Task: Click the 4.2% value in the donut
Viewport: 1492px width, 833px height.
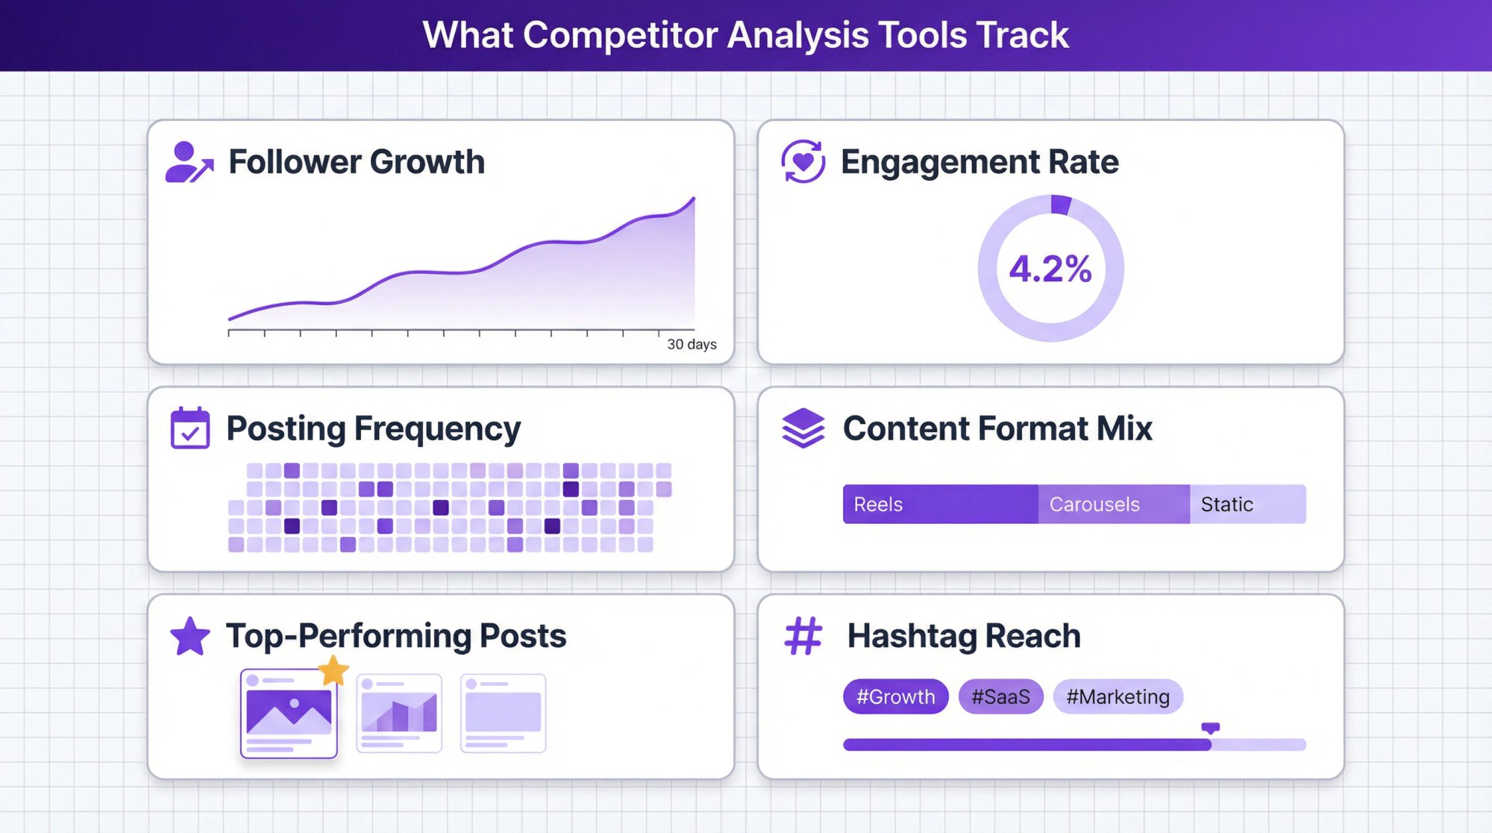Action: point(1050,269)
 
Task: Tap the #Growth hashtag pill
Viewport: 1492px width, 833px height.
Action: point(895,696)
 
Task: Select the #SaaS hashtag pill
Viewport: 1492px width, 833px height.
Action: point(1000,696)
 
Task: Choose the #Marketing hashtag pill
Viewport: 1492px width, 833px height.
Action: point(1118,696)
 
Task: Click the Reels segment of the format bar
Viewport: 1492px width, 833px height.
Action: point(940,505)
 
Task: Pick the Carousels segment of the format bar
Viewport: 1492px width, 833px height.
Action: point(1113,505)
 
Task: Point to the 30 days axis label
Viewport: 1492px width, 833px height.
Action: point(692,344)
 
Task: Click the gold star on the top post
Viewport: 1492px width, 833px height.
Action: point(333,670)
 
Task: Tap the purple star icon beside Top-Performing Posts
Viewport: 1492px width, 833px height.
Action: point(190,637)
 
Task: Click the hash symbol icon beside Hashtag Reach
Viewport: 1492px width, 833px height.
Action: point(803,636)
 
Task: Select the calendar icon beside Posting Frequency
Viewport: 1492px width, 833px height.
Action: point(190,428)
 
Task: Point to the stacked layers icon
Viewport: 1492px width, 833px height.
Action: point(803,428)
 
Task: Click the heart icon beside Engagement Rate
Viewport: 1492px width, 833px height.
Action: point(803,161)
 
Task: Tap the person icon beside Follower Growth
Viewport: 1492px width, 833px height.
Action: point(188,162)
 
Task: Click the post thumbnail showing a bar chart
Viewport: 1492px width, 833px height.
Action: point(399,713)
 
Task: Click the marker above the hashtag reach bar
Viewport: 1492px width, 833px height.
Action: point(1210,728)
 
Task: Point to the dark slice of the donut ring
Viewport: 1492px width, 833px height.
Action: point(1060,205)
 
